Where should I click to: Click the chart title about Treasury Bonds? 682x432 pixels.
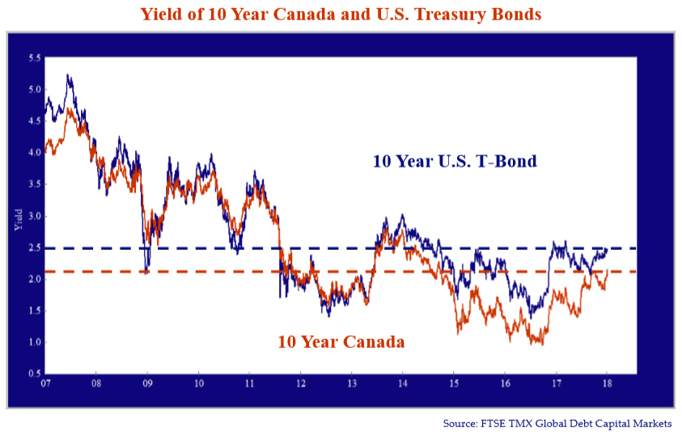[x=341, y=14]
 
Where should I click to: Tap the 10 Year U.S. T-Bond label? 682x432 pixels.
[x=455, y=161]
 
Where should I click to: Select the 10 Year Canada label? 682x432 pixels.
[x=341, y=341]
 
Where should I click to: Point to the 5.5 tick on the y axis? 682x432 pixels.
[x=35, y=58]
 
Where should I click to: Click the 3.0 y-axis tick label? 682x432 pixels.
[x=35, y=216]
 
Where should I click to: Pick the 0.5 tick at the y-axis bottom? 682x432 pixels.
[x=35, y=374]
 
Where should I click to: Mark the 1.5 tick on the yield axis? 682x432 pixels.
[x=35, y=311]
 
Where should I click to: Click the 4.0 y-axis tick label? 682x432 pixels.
[x=35, y=153]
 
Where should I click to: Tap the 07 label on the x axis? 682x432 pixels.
[x=45, y=383]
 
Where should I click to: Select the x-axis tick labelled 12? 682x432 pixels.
[x=301, y=383]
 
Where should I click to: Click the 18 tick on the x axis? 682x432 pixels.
[x=607, y=383]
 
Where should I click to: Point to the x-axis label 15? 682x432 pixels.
[x=454, y=383]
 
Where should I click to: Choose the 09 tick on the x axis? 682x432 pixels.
[x=147, y=383]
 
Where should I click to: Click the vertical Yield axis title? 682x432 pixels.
[x=19, y=220]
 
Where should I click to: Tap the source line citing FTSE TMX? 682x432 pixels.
[x=557, y=423]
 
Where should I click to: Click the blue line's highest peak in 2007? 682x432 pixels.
[x=67, y=74]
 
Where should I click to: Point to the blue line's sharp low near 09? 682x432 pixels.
[x=146, y=273]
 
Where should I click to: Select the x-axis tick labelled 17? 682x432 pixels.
[x=556, y=383]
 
